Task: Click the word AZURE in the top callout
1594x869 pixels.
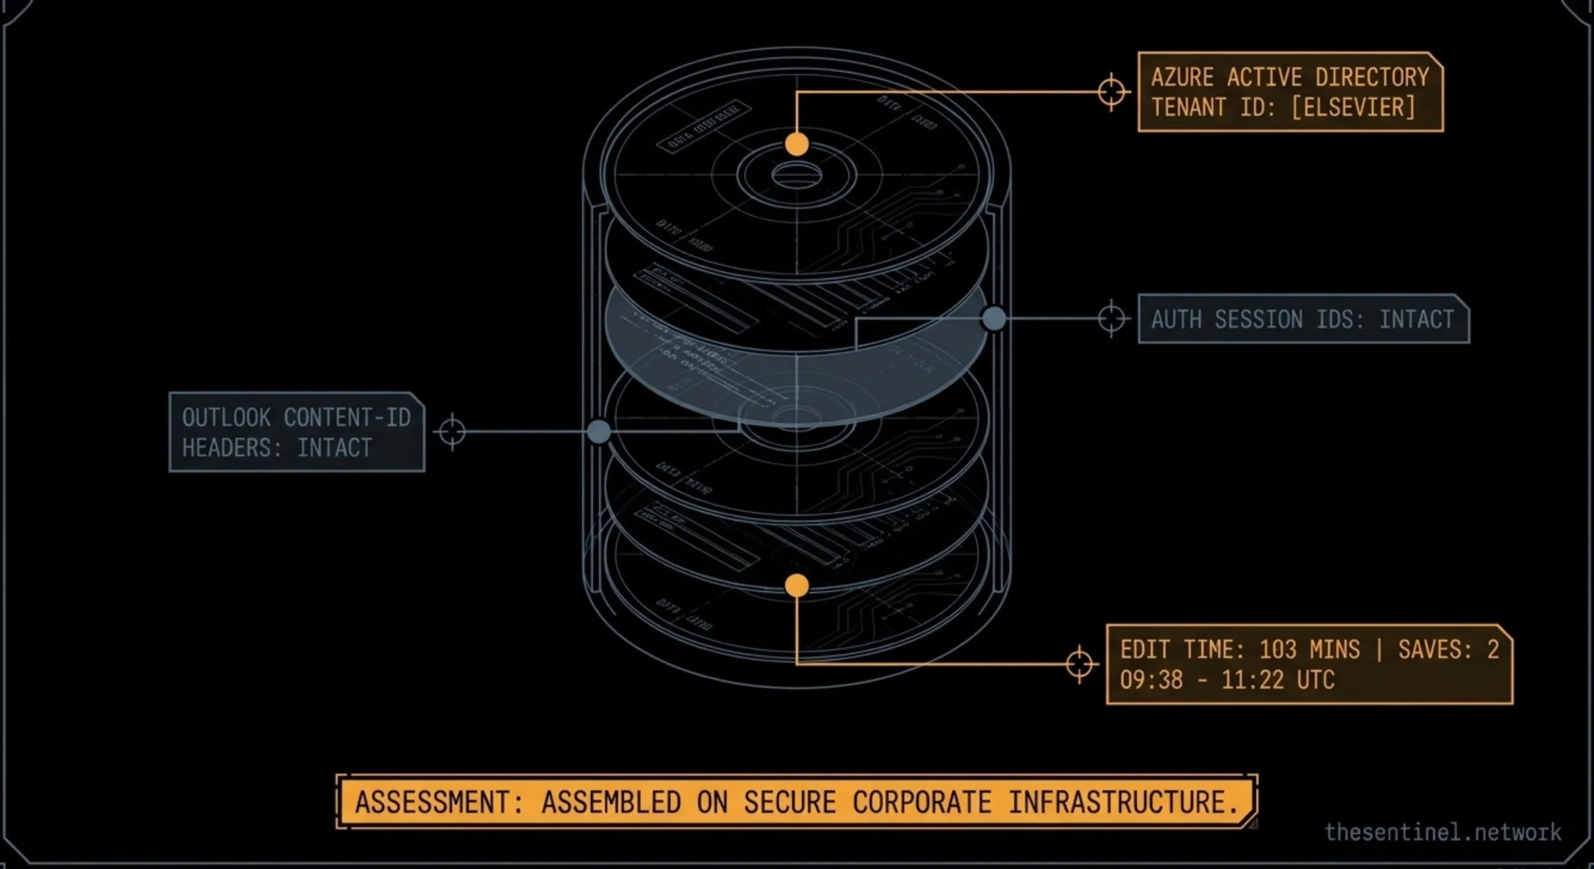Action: coord(1182,78)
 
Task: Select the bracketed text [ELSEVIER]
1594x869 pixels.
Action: coord(1354,107)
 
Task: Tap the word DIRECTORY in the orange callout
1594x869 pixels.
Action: coord(1372,78)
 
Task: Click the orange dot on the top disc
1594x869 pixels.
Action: coord(796,144)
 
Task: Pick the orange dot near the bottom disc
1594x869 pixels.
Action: coord(796,586)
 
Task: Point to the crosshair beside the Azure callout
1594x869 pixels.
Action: coord(1111,93)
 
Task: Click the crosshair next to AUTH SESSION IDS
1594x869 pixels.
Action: coord(1111,319)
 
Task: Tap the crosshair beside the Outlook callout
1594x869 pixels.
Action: coord(452,432)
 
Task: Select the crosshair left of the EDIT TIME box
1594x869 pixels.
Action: coord(1079,664)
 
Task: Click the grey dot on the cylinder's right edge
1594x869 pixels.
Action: coord(994,319)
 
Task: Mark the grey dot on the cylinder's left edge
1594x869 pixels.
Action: coord(598,432)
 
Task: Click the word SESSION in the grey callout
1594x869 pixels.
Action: coord(1259,319)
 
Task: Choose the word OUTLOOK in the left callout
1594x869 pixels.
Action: coord(226,418)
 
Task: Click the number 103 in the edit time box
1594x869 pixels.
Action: coord(1277,650)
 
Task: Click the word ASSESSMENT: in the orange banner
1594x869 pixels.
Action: coord(439,802)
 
